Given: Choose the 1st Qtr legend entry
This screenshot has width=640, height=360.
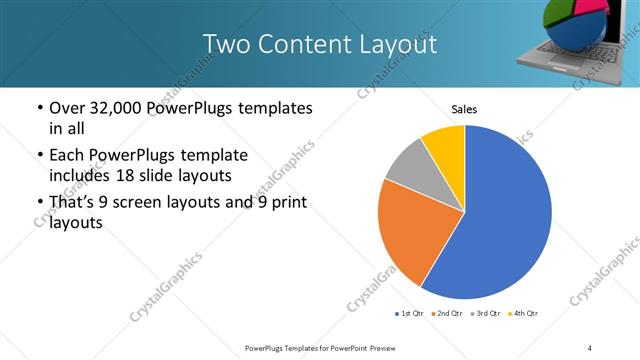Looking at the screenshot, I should coord(410,314).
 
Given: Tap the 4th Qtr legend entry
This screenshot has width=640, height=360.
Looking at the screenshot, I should coord(524,314).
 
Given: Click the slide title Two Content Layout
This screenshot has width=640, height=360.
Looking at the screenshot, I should coord(319,44).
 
